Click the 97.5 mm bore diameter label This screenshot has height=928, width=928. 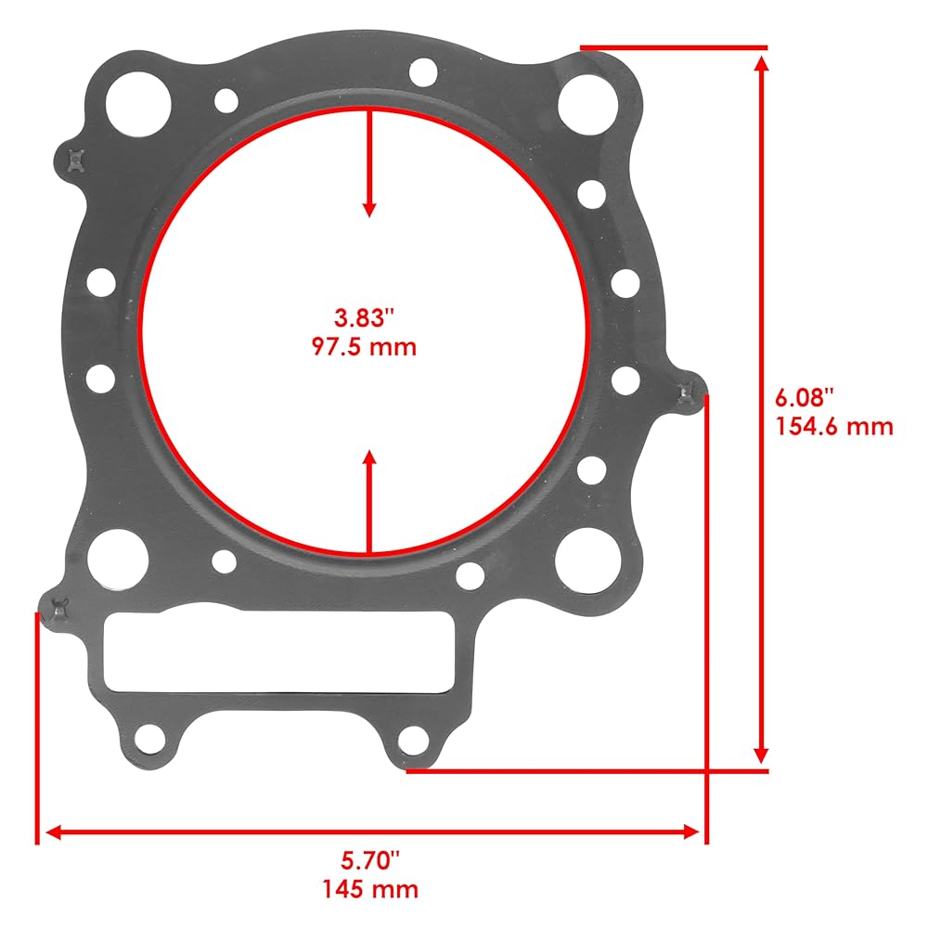pyautogui.click(x=364, y=346)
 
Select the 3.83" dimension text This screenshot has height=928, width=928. pyautogui.click(x=364, y=317)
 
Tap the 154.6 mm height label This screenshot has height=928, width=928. pyautogui.click(x=834, y=427)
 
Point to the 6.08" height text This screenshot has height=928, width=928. pyautogui.click(x=805, y=398)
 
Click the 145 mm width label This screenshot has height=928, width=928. pyautogui.click(x=370, y=890)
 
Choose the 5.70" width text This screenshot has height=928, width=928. pyautogui.click(x=370, y=860)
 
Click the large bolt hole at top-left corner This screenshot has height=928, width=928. pyautogui.click(x=138, y=104)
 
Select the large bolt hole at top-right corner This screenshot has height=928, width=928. pyautogui.click(x=587, y=104)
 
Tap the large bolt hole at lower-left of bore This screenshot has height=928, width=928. pyautogui.click(x=118, y=559)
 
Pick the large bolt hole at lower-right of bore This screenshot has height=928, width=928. pyautogui.click(x=588, y=560)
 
